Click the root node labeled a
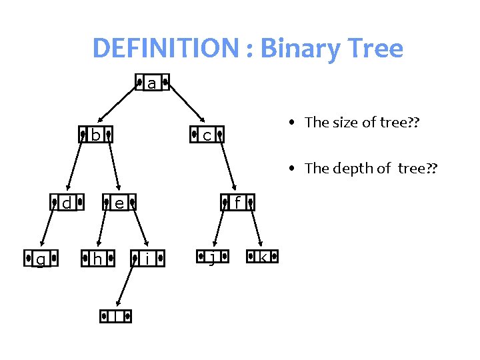pos(152,83)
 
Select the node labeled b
pos(95,135)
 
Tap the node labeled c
pos(207,135)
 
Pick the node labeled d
pos(67,201)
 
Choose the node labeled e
pos(119,202)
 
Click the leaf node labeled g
pos(40,258)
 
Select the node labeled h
pos(97,258)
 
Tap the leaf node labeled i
pos(147,258)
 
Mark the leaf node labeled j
pos(211,257)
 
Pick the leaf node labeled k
pos(263,257)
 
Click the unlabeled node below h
pos(116,316)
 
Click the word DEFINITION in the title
pos(165,49)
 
